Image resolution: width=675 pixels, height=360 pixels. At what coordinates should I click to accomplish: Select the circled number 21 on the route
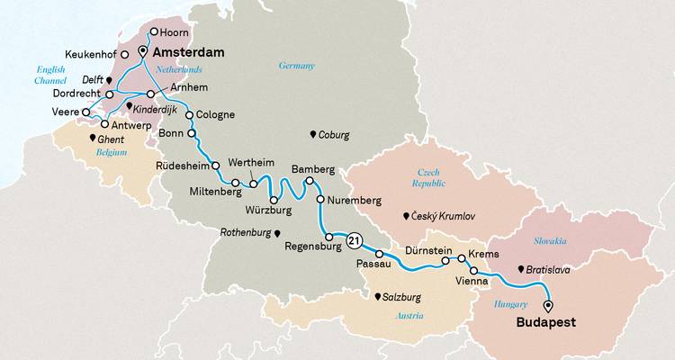click(x=355, y=240)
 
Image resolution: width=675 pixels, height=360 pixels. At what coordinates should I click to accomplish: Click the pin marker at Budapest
click(x=548, y=304)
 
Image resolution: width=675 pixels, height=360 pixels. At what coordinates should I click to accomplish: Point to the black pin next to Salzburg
click(x=378, y=295)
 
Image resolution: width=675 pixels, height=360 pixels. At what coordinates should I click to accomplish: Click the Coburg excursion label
click(x=334, y=135)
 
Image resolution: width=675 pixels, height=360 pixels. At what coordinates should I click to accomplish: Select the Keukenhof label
click(x=94, y=54)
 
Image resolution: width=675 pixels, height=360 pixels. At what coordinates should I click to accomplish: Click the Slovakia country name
click(x=549, y=241)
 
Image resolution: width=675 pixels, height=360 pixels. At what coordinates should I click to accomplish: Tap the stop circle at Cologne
click(x=189, y=115)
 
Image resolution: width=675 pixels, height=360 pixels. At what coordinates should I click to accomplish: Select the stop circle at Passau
click(x=380, y=253)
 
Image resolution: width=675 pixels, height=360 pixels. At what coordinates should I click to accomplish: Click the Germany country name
click(x=296, y=67)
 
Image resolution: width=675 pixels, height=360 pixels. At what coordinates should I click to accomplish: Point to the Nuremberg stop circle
click(x=319, y=200)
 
